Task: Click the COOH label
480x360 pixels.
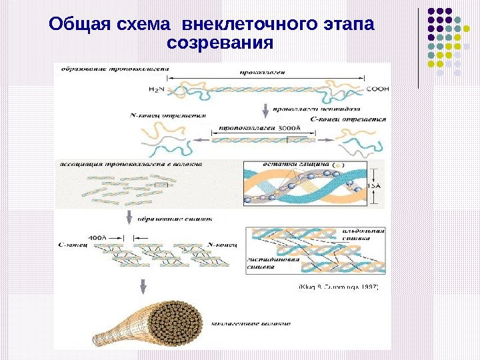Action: tap(377, 88)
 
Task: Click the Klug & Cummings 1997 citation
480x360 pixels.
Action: tap(337, 287)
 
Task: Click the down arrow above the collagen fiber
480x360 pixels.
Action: tap(143, 287)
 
